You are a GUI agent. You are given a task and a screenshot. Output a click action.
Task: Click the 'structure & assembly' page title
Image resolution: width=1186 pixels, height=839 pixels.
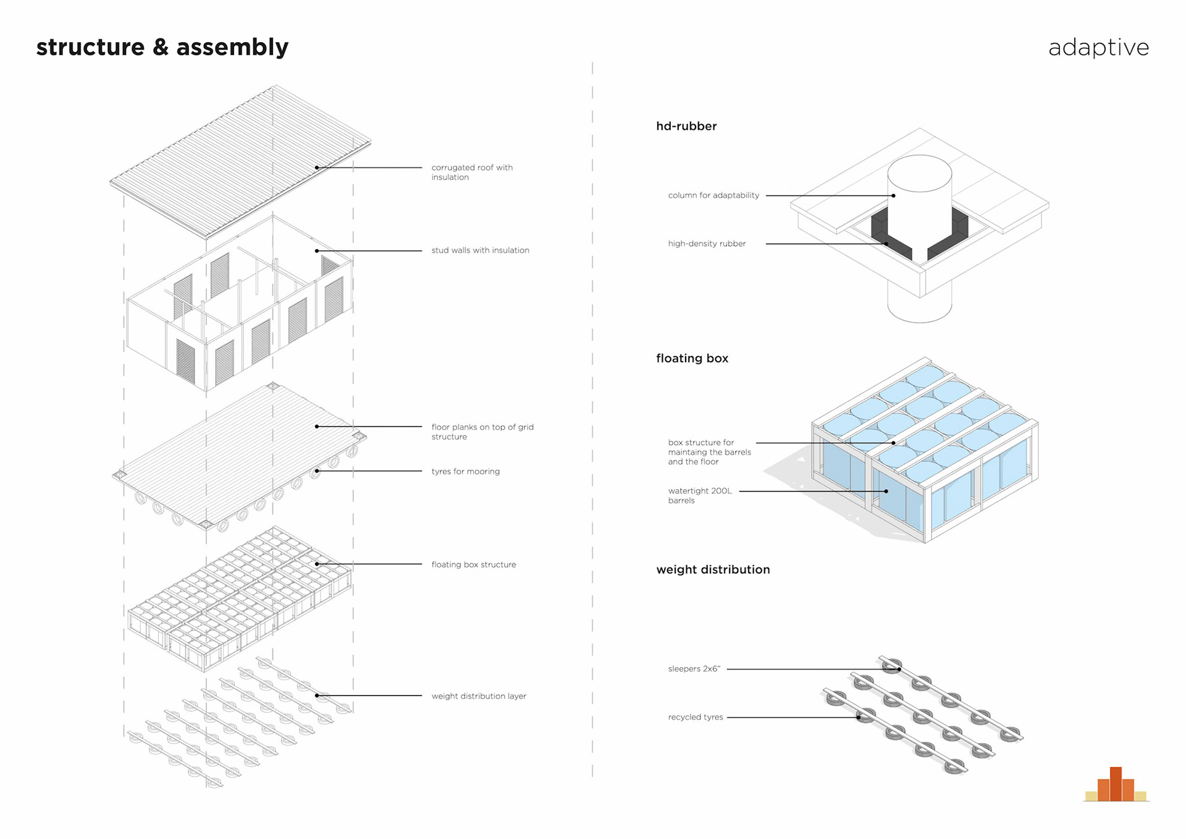point(162,48)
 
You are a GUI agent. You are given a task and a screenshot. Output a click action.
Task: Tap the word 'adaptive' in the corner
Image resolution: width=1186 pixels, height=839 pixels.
point(1098,48)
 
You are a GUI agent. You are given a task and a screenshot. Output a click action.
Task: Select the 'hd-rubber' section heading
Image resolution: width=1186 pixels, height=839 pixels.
point(686,126)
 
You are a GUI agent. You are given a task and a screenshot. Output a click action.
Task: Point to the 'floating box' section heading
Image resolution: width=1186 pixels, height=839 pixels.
point(692,359)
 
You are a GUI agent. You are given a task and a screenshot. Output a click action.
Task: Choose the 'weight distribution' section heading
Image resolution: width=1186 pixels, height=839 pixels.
point(713,569)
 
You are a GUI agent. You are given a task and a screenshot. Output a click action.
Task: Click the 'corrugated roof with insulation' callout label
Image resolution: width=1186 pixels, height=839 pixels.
point(472,172)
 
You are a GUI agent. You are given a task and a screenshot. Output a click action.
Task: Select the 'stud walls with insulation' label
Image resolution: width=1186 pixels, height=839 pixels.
point(480,250)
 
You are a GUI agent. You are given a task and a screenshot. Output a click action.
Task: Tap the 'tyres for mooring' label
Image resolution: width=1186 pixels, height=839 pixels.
point(465,471)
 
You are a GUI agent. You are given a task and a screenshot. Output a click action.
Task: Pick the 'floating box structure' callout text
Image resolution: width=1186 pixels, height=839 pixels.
point(473,564)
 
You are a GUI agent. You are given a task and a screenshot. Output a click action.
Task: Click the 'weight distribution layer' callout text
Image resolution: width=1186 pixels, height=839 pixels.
point(479,696)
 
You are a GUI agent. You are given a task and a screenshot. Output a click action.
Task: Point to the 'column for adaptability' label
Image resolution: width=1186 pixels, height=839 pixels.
point(713,195)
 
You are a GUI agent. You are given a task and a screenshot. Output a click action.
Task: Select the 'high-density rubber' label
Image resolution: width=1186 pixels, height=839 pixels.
point(707,244)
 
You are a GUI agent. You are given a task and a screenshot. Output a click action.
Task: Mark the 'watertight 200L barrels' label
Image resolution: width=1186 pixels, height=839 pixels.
point(700,495)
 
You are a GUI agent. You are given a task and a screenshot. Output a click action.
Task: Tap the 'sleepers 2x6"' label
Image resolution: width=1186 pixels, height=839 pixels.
point(694,669)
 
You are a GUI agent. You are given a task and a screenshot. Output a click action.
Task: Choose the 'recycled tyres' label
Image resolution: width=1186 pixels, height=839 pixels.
point(695,717)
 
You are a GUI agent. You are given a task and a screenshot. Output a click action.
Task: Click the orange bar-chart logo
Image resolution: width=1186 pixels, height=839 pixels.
point(1116,786)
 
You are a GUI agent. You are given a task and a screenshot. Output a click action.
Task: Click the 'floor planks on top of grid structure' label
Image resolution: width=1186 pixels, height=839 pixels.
point(482,432)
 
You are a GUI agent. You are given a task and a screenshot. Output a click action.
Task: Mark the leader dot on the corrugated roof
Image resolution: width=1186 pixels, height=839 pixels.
point(317,168)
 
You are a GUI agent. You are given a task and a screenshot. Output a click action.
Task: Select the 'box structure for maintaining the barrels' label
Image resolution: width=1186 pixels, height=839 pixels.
point(709,452)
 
